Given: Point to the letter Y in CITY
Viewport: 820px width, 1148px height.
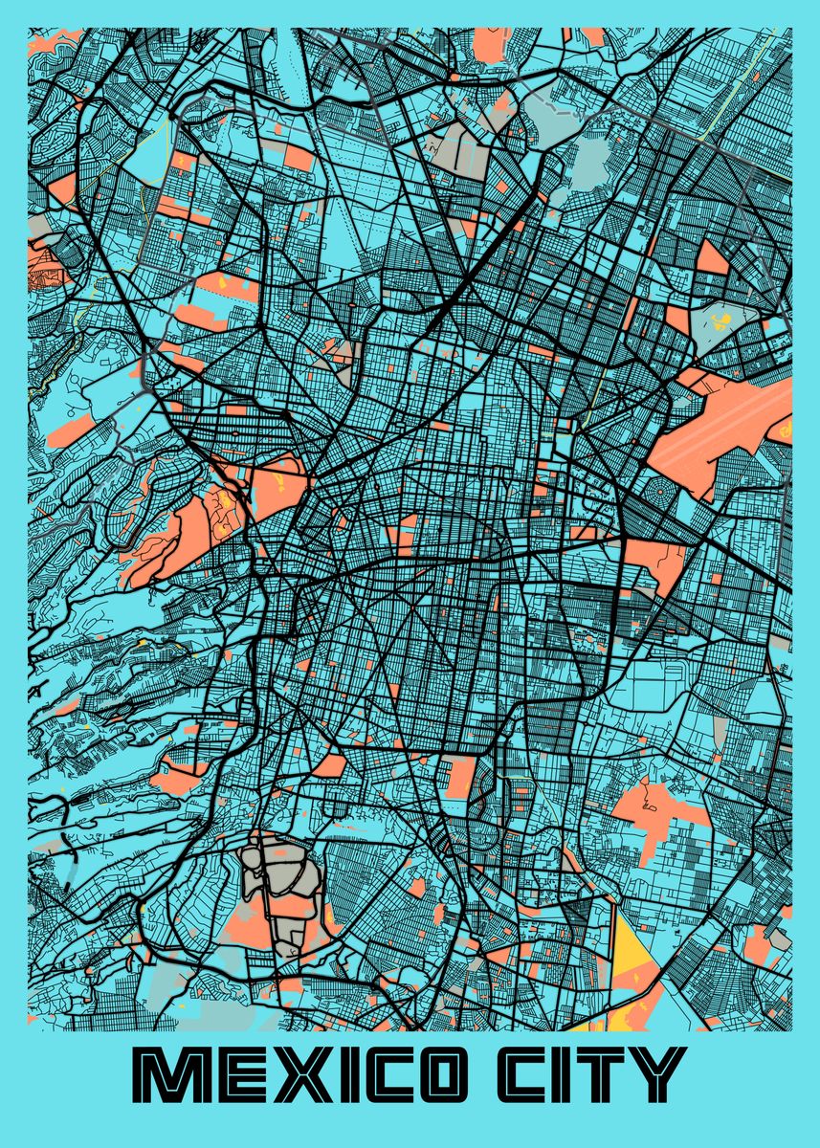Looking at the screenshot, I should [659, 1074].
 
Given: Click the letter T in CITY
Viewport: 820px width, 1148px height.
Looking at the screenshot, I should [606, 1074].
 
